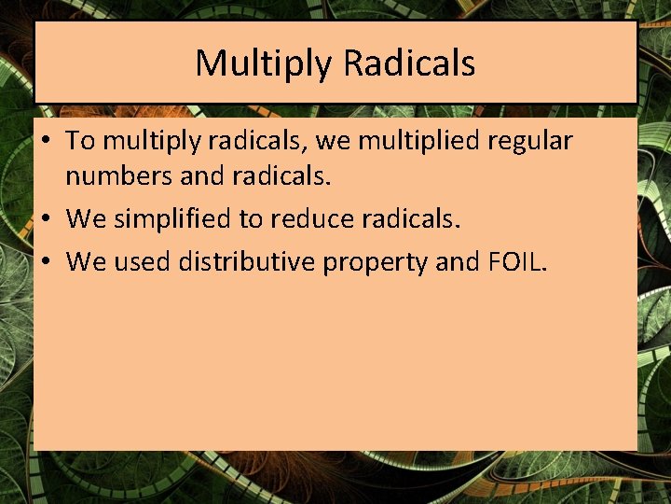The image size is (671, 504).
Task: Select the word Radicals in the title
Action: click(409, 63)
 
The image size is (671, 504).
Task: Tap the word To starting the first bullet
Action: click(81, 141)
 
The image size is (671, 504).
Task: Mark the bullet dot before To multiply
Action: click(45, 142)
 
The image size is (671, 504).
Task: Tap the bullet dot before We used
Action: click(45, 263)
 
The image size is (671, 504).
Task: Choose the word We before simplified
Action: click(87, 219)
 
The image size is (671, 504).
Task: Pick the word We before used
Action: click(87, 262)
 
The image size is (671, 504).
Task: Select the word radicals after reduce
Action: click(415, 219)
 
